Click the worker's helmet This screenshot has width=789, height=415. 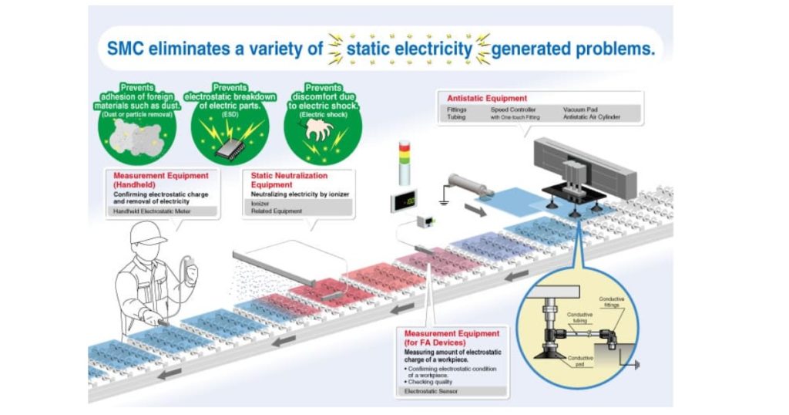coord(147,234)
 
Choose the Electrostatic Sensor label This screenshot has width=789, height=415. coord(432,391)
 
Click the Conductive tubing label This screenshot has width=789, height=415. coord(579,318)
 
